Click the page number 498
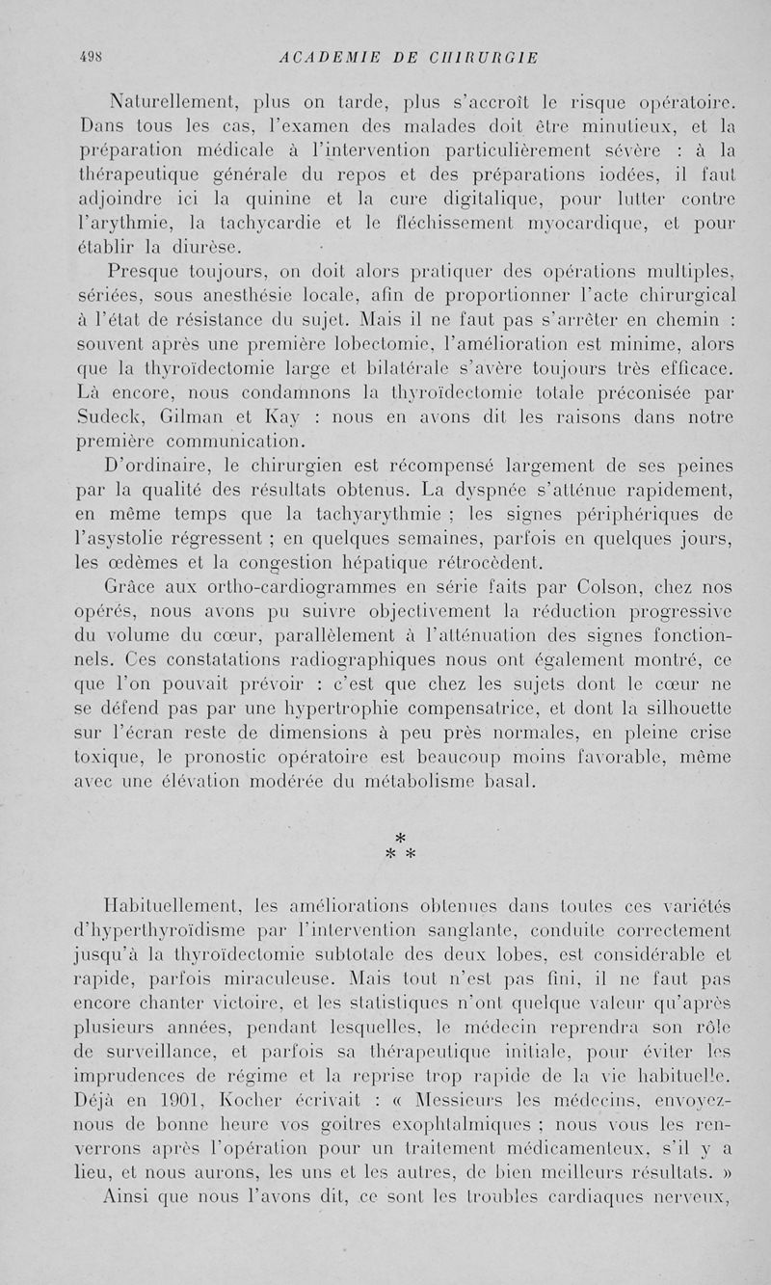(x=89, y=58)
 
